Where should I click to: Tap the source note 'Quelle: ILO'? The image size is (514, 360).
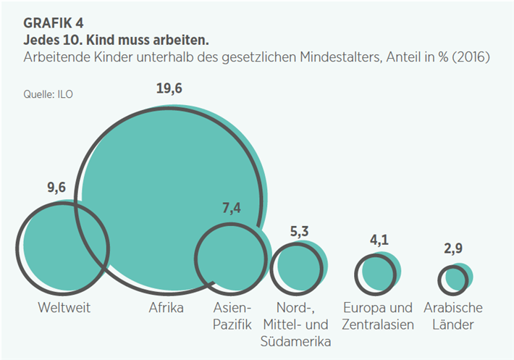click(49, 92)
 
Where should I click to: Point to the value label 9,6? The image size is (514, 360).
click(58, 188)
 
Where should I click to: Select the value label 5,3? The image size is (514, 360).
click(298, 230)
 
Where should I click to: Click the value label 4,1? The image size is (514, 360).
click(378, 240)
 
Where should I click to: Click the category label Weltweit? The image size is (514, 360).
click(64, 308)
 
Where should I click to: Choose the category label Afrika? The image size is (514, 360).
click(166, 308)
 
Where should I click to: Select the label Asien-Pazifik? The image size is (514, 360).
click(232, 316)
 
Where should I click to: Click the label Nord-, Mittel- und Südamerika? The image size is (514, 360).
click(297, 324)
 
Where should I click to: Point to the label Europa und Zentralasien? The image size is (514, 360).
click(377, 316)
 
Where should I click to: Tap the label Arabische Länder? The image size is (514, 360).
click(453, 316)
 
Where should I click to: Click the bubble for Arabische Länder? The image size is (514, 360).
click(456, 278)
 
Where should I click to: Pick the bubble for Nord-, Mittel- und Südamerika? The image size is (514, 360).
click(298, 266)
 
